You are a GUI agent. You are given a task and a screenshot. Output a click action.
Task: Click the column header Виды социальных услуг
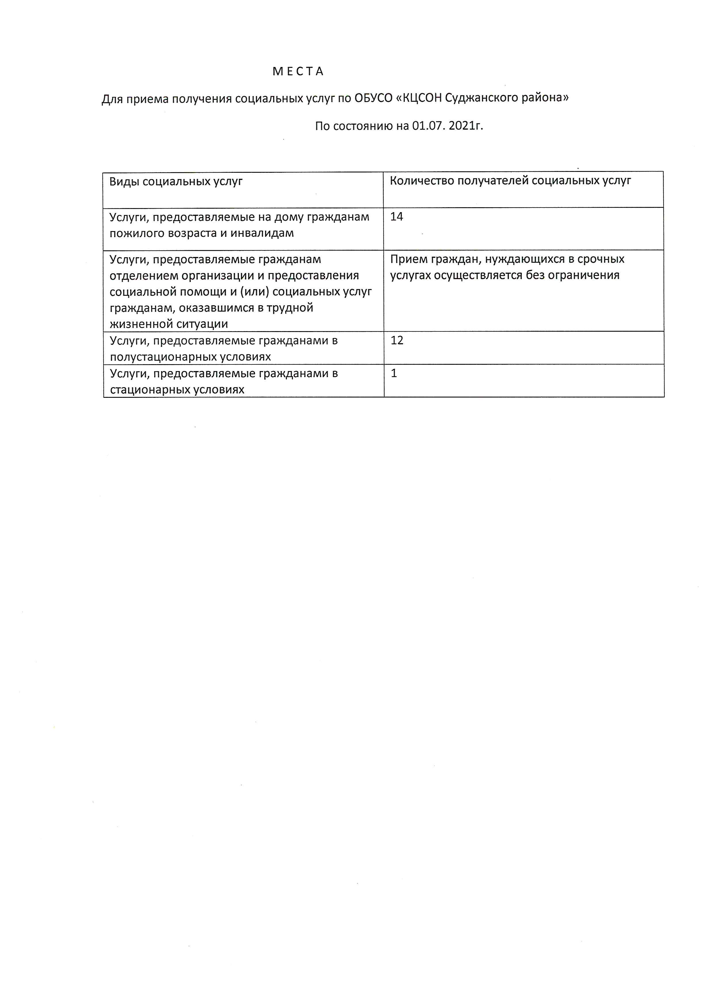pos(176,181)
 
